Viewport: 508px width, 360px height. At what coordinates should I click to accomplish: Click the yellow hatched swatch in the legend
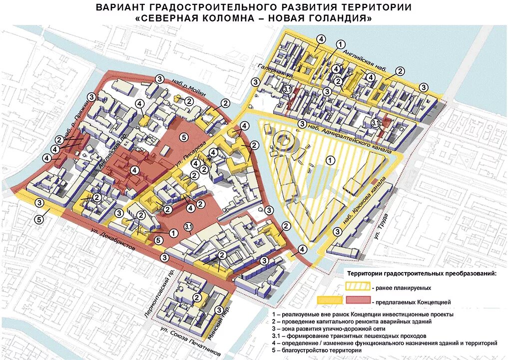click(357, 287)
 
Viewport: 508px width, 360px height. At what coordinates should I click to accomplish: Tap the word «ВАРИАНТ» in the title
click(119, 7)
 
